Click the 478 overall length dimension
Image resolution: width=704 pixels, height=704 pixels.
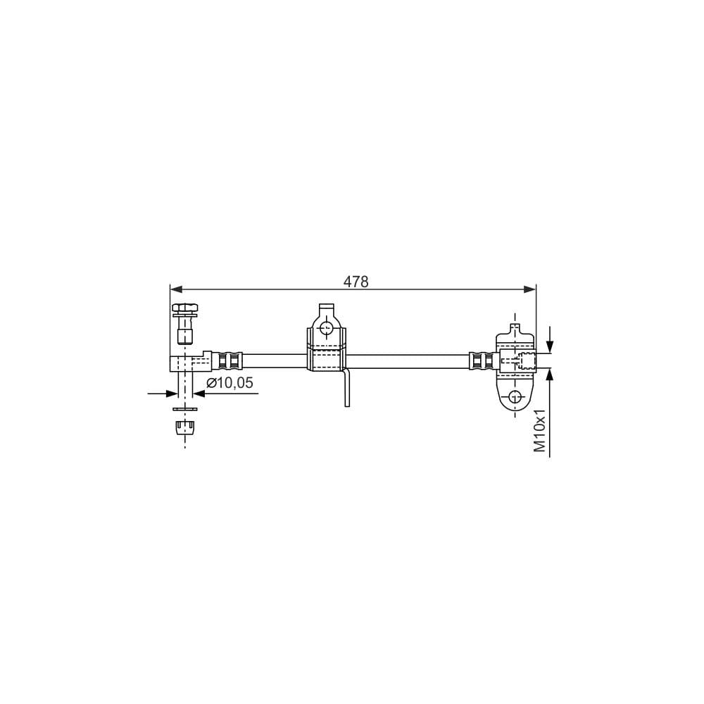tap(356, 282)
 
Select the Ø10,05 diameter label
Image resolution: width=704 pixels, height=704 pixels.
tap(230, 383)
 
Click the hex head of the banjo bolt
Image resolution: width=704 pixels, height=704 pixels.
tap(184, 308)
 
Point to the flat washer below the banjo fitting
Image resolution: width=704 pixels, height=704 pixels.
tap(185, 408)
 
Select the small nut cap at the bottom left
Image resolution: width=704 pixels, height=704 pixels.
tap(185, 427)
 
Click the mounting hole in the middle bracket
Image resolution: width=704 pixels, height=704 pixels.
tap(327, 327)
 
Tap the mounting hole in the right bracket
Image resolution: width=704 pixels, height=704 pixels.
tap(515, 397)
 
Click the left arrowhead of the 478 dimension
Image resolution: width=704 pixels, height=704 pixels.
tap(176, 289)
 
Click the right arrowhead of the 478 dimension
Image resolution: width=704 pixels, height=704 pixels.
tap(530, 289)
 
